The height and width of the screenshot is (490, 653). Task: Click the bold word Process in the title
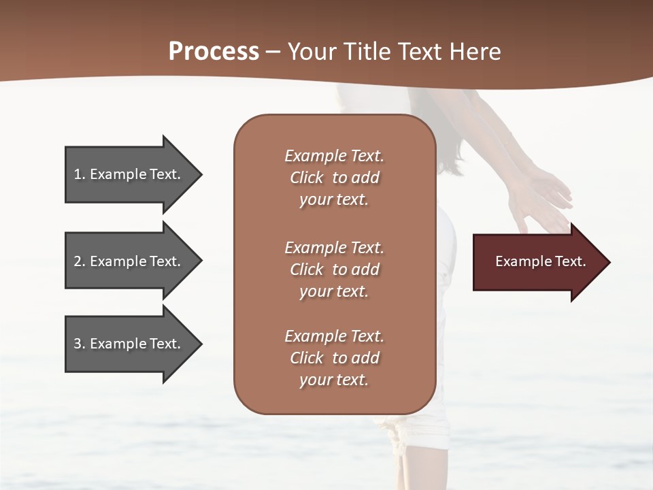(x=214, y=52)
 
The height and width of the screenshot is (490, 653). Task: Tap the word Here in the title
(x=475, y=52)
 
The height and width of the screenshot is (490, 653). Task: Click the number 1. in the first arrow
(x=80, y=174)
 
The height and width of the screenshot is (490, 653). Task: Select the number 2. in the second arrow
(x=80, y=261)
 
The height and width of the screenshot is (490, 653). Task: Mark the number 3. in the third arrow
(x=80, y=344)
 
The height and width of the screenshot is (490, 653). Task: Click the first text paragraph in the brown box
(x=334, y=178)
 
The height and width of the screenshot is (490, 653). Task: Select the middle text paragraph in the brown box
(x=334, y=269)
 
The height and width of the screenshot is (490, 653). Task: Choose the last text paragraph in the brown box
(x=334, y=358)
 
